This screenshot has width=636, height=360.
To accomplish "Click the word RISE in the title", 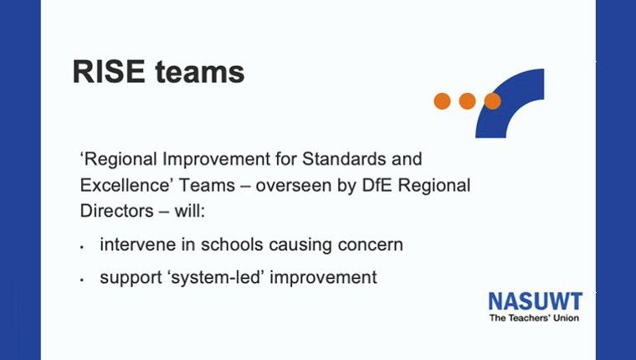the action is click(x=109, y=71).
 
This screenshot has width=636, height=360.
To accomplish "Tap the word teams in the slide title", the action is click(x=200, y=72).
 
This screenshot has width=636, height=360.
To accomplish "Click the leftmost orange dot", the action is click(x=442, y=101).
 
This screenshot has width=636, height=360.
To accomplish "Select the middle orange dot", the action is click(x=467, y=101).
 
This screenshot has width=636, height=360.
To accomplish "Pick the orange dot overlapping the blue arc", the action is click(x=492, y=101).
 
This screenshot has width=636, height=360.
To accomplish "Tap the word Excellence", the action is click(x=124, y=185).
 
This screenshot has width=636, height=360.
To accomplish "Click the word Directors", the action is click(x=117, y=211).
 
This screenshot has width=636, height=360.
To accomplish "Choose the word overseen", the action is click(x=295, y=186).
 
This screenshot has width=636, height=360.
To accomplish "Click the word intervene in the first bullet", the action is click(x=137, y=244).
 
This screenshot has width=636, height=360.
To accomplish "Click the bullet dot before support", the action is click(x=82, y=280).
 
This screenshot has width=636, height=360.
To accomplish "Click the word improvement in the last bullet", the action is click(x=323, y=278).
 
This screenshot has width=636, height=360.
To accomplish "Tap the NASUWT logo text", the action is click(x=536, y=301).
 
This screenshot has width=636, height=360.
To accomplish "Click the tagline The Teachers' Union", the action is click(x=534, y=318).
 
